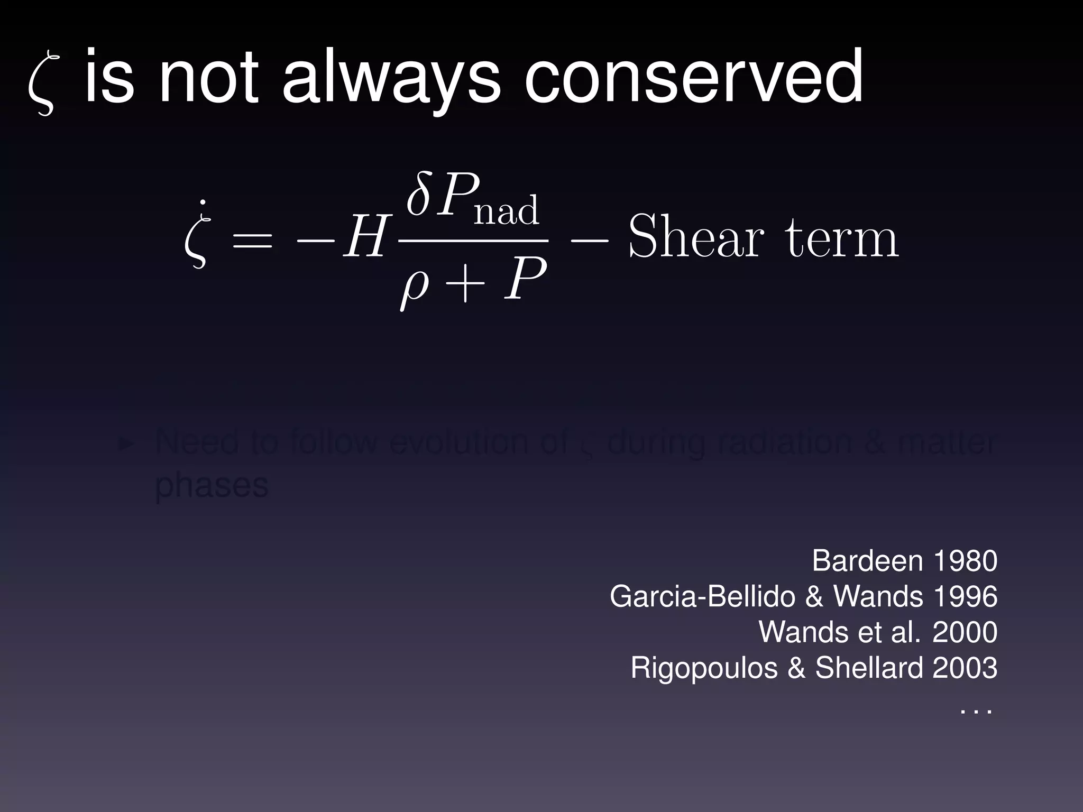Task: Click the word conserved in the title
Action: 693,77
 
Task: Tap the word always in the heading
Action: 391,79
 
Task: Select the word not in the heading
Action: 208,77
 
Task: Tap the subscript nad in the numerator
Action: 506,210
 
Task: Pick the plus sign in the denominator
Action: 465,283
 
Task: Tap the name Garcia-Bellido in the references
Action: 702,596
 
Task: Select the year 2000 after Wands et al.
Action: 965,632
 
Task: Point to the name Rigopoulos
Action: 704,668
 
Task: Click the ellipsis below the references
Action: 976,712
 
